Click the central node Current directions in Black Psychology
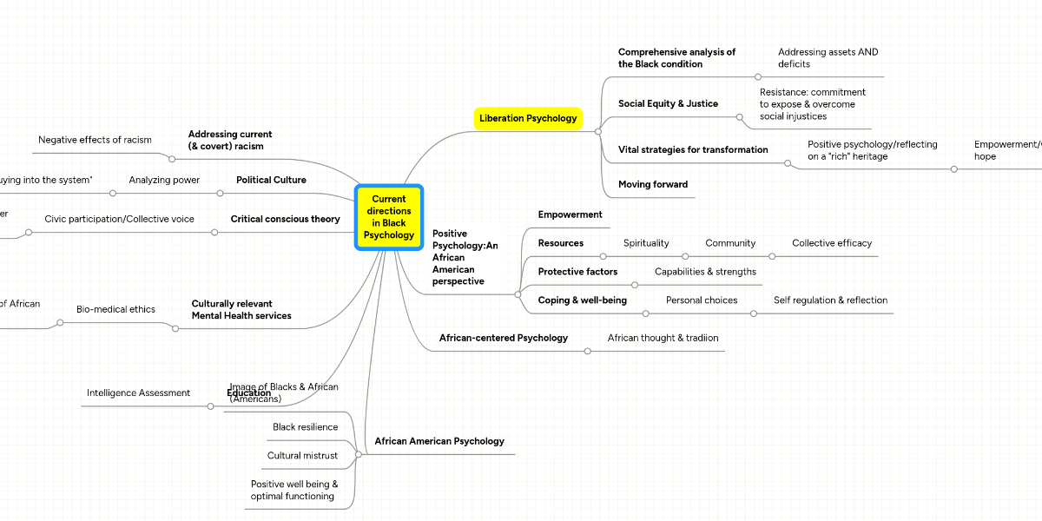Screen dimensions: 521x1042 (388, 217)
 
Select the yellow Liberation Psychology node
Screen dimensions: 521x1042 (528, 118)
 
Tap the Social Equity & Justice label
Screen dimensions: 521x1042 (668, 103)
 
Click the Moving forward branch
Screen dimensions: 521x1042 (652, 184)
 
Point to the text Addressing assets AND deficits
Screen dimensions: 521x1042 (828, 58)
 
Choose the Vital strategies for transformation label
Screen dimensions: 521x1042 (693, 149)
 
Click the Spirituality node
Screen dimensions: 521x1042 (646, 243)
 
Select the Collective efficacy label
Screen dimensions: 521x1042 (831, 243)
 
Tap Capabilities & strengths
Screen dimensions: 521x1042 (705, 272)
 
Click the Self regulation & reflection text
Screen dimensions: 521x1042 (830, 300)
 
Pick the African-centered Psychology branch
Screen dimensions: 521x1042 (504, 338)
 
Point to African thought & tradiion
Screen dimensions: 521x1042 (663, 338)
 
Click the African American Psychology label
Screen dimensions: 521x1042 (439, 441)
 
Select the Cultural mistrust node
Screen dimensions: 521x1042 (302, 456)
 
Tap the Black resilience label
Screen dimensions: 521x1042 (305, 427)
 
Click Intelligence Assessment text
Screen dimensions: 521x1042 (138, 393)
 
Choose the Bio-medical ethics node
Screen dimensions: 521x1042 (115, 309)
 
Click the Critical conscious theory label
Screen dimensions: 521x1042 (285, 219)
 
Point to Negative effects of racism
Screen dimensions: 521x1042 (95, 140)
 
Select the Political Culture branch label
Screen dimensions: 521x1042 (271, 180)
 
